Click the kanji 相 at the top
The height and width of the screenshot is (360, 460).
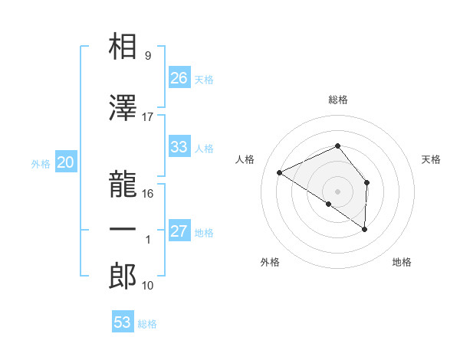(123, 47)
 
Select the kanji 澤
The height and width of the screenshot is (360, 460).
(123, 108)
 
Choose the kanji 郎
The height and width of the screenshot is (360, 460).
(123, 276)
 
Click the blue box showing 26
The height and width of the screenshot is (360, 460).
(179, 77)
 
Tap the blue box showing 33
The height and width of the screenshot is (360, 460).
(179, 147)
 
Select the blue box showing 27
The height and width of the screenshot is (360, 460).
(179, 231)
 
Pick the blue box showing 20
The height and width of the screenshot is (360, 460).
(65, 162)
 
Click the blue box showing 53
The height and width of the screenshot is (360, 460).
(123, 322)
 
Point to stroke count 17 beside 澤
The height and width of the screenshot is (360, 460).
(148, 117)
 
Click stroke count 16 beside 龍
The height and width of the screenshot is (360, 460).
(148, 194)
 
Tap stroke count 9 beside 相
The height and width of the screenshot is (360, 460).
(148, 56)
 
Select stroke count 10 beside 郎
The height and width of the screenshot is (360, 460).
(148, 286)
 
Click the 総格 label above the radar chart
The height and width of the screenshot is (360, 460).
(338, 100)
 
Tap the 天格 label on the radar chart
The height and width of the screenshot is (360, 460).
(432, 159)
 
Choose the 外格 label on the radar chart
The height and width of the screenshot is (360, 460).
(270, 262)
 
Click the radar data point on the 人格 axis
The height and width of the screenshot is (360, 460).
(280, 172)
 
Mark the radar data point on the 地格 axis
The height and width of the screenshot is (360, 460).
(365, 229)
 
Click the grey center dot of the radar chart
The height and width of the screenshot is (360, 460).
(337, 191)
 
